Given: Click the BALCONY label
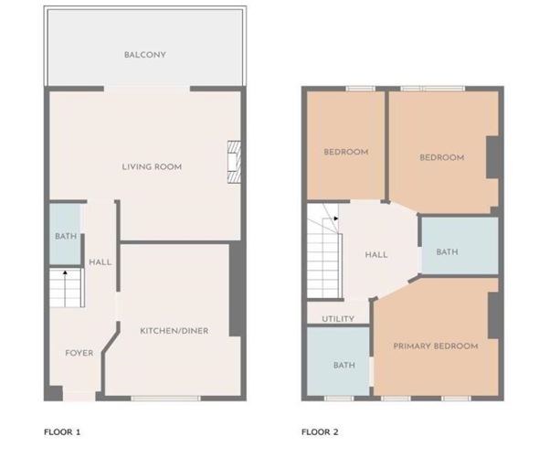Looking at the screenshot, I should click(145, 55).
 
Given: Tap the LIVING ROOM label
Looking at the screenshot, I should click(152, 166).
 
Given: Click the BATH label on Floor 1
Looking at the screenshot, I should click(65, 236).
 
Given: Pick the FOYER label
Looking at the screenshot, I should click(79, 352).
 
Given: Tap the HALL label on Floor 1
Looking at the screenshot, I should click(100, 262).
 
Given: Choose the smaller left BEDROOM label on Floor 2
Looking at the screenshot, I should click(346, 152).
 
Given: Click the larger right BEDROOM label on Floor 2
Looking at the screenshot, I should click(441, 157).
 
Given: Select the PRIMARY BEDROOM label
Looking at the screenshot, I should click(436, 346).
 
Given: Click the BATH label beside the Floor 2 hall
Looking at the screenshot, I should click(447, 251).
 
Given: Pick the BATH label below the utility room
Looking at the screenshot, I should click(343, 365).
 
